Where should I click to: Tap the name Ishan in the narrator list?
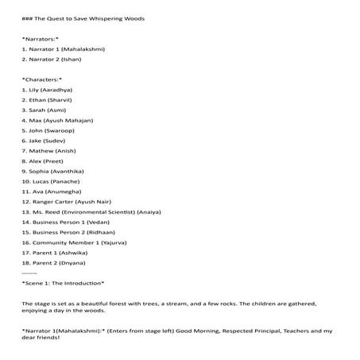(71, 59)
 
